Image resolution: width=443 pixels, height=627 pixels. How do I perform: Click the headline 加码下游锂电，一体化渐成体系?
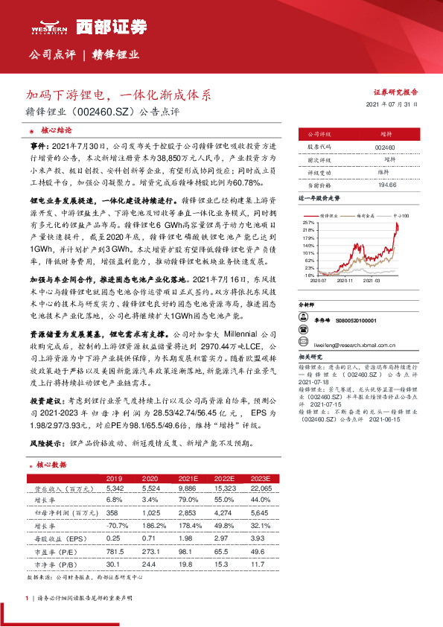tap(119, 96)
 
